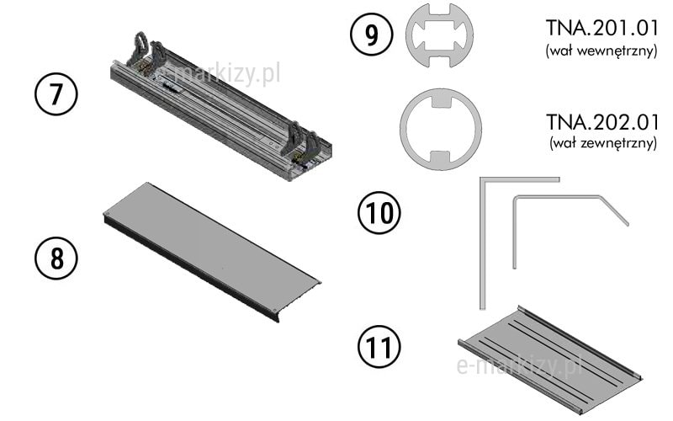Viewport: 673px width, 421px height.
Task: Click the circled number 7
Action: tap(56, 95)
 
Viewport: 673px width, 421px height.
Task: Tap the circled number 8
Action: tap(56, 257)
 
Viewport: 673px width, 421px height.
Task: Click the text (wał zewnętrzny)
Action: tap(601, 144)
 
